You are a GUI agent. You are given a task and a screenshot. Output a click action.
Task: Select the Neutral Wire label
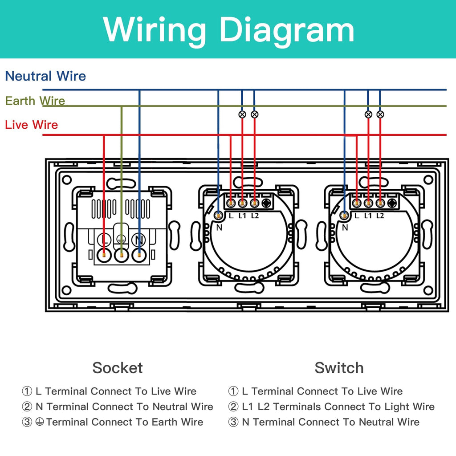point(45,76)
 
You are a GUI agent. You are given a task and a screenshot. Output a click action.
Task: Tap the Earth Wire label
point(35,101)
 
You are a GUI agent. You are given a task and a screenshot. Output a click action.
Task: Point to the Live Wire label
point(32,125)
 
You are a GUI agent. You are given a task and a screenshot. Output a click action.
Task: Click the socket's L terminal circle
point(104,240)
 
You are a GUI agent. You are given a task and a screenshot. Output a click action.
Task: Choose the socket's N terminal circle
point(139,240)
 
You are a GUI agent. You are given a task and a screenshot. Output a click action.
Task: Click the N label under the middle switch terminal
point(219,227)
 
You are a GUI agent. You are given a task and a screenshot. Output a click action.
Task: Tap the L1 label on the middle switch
point(242,216)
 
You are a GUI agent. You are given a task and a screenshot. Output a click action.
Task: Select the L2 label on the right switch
point(380,216)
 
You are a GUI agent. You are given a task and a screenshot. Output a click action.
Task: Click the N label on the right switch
point(345,227)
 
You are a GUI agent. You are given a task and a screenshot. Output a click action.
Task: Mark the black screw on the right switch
point(392,204)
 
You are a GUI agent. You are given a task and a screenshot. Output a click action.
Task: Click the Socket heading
point(118,368)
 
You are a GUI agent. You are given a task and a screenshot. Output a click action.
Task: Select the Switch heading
point(339,368)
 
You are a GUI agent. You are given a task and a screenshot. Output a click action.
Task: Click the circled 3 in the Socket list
point(27,422)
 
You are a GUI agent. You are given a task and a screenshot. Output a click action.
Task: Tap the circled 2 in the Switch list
point(233,407)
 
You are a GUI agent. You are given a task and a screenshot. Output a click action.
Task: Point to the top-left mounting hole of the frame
point(67,180)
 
